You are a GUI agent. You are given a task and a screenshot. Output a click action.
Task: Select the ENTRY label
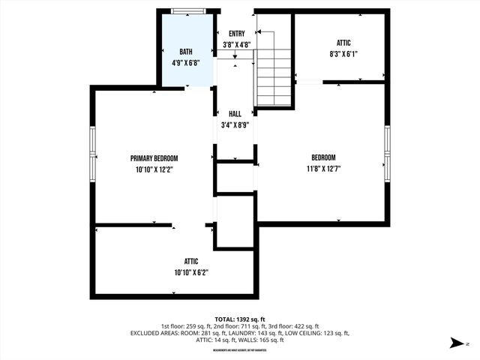pos(237,34)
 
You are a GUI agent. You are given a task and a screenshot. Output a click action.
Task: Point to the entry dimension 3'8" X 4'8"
pos(237,44)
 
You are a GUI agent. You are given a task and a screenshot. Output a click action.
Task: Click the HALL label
pos(235,113)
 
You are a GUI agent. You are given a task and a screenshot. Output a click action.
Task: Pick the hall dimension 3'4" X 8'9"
pos(235,124)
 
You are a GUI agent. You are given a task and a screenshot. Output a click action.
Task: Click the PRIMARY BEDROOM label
pos(154,158)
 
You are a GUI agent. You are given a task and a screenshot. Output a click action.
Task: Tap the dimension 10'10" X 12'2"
pos(154,169)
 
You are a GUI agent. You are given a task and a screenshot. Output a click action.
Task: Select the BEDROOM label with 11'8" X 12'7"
pos(323,157)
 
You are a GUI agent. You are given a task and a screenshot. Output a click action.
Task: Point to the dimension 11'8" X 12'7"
pos(323,169)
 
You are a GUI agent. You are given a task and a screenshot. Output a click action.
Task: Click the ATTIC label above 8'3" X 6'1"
pos(343,43)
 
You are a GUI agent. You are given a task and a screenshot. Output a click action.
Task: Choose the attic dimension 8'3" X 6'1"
pos(343,55)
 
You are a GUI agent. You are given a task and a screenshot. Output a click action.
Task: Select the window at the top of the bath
pos(188,11)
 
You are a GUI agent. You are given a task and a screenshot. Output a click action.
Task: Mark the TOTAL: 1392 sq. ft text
pos(240,319)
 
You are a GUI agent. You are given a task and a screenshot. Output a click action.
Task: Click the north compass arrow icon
pos(456,343)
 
